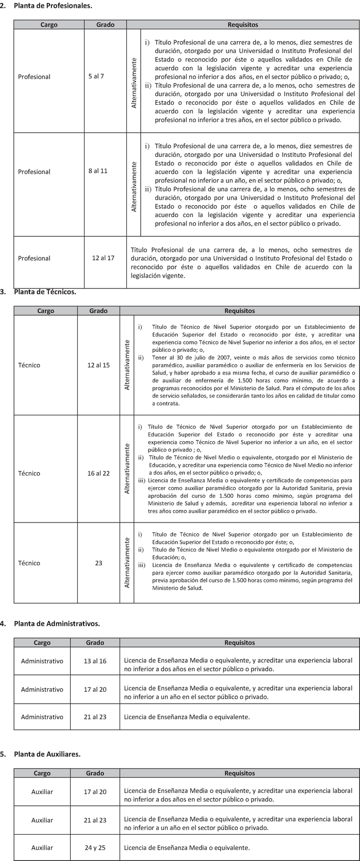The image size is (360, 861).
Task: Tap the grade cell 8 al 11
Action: click(x=97, y=171)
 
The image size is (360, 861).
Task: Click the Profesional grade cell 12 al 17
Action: click(x=103, y=258)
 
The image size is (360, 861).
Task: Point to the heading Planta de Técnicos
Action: click(x=45, y=291)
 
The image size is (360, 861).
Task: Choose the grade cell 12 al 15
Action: click(x=99, y=365)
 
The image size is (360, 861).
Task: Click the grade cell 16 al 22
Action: click(x=99, y=473)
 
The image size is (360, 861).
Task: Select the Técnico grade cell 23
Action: click(x=99, y=563)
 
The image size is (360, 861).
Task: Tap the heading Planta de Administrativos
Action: click(x=57, y=623)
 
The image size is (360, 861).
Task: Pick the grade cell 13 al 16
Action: click(x=95, y=661)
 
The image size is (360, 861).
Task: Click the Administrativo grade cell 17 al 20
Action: click(x=95, y=689)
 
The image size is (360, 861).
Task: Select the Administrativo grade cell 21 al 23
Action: click(x=95, y=717)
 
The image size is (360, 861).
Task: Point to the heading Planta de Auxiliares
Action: click(x=47, y=754)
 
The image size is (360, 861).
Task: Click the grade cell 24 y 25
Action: click(x=95, y=847)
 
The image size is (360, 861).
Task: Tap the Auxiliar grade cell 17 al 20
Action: click(x=95, y=791)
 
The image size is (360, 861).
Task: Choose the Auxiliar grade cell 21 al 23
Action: click(x=95, y=820)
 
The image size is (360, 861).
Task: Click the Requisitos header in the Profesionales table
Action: click(x=242, y=25)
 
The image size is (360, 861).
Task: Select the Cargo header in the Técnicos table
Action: click(x=45, y=311)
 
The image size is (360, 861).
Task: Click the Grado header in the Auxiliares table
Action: click(x=95, y=773)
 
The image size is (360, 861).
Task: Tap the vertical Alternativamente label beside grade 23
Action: click(x=127, y=563)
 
